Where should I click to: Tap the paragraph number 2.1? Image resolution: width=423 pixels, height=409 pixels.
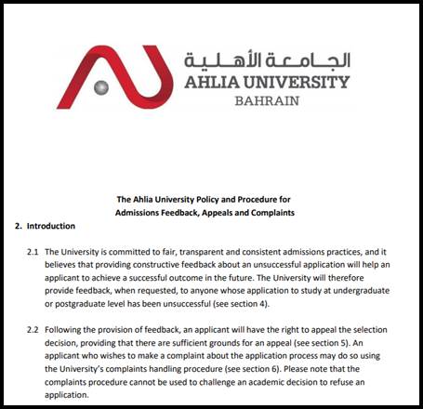(33, 252)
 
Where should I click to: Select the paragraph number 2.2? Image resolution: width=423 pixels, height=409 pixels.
(33, 330)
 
